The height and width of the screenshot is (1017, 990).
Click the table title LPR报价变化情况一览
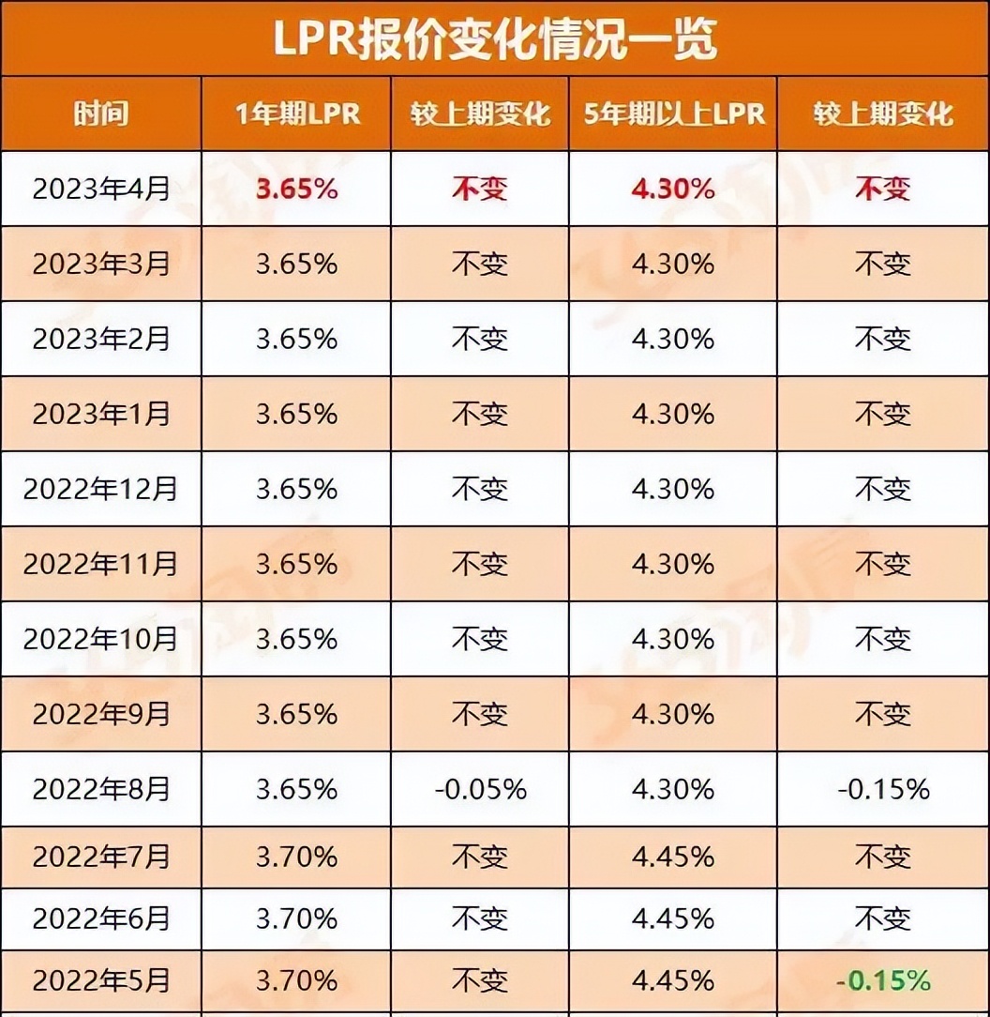(494, 38)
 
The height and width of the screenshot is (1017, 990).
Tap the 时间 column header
(101, 114)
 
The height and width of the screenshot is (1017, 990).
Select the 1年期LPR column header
(296, 114)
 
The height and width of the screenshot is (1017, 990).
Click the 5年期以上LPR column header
(672, 114)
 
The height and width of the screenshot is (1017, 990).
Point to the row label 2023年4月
(101, 189)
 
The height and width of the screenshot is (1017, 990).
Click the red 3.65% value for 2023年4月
(296, 189)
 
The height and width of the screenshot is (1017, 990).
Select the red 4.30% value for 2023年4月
(672, 189)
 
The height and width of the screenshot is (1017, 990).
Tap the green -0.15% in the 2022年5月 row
(883, 981)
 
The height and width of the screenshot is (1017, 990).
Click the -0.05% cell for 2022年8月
(480, 789)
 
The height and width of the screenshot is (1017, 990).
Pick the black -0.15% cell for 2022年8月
(883, 789)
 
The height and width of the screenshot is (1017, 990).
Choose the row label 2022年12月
(101, 489)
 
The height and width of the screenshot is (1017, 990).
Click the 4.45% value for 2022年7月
(672, 857)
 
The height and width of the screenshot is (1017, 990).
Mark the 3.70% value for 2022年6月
(296, 917)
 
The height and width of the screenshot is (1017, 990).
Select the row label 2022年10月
(101, 639)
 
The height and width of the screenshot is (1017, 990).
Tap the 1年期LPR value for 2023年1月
(296, 414)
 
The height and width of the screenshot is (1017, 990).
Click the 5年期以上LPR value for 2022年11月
(672, 564)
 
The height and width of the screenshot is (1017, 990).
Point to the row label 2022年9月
(101, 714)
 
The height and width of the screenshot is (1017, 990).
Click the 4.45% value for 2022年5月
(672, 981)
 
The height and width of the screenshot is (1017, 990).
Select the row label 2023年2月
(101, 339)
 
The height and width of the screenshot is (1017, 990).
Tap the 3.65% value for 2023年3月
(296, 264)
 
